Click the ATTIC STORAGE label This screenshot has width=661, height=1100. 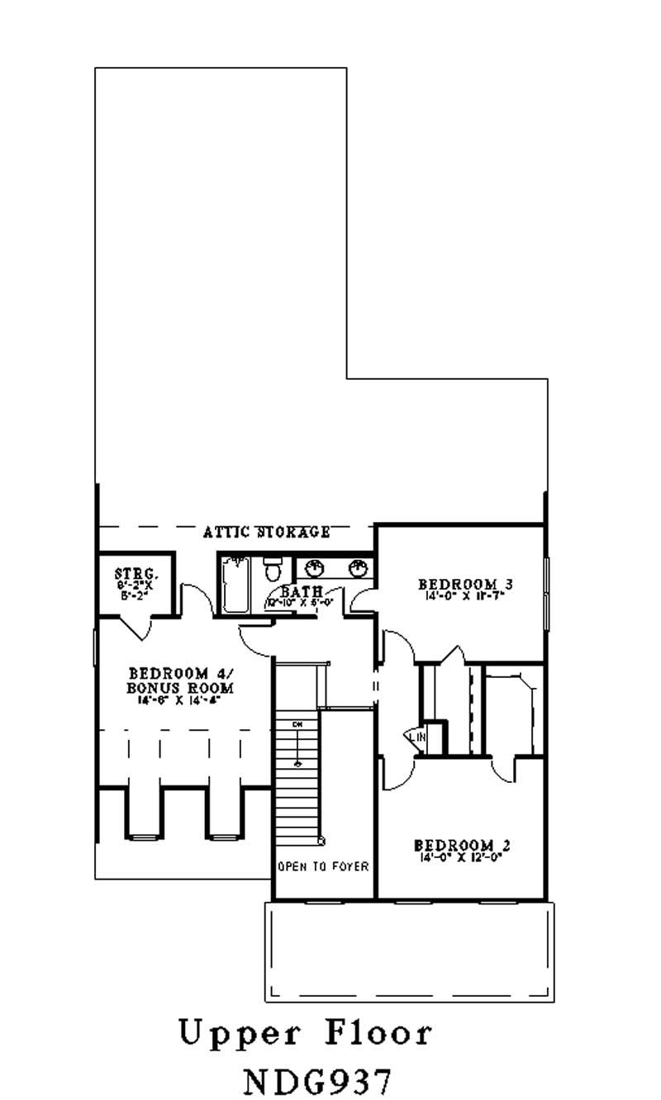coord(267,533)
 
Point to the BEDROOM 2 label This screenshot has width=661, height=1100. coord(462,846)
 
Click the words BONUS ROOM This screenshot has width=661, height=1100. coord(180,688)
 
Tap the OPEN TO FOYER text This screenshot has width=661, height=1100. coord(323,867)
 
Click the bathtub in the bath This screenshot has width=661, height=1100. coord(236,586)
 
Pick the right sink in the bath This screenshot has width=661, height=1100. coord(358,568)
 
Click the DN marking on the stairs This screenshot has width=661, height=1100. coord(296,724)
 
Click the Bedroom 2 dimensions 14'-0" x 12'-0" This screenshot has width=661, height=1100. coord(462,857)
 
